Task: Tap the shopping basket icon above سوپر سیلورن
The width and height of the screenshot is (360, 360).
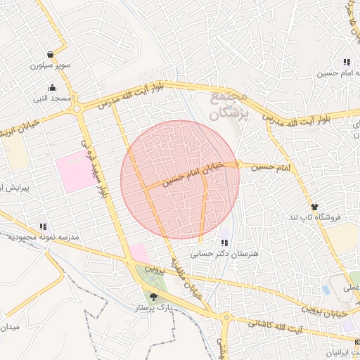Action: point(51,55)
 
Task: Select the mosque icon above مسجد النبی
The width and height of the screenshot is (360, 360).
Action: point(53,89)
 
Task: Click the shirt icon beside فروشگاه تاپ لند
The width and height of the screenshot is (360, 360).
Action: point(314,207)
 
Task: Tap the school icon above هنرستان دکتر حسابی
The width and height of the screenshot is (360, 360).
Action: point(224,243)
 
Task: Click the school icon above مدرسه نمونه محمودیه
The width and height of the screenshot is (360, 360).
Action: point(43,226)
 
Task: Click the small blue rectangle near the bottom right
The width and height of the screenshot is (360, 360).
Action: point(325,289)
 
